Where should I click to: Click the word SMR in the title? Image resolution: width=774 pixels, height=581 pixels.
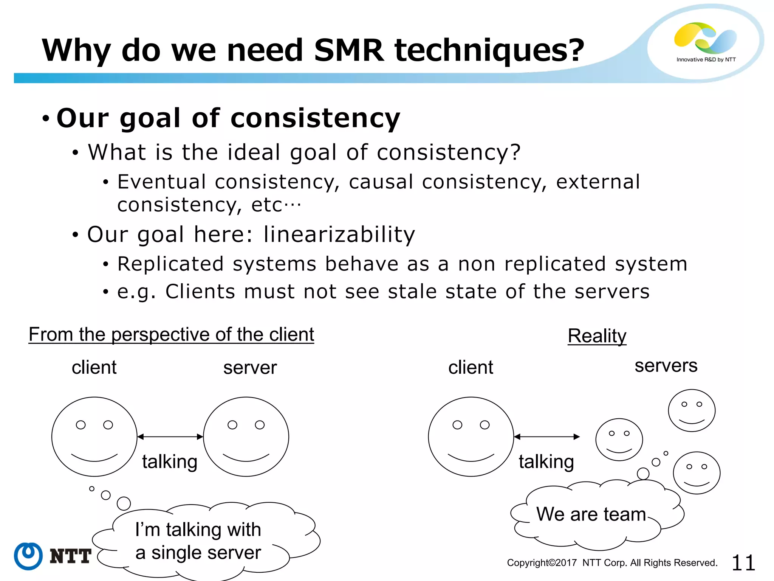[x=349, y=50]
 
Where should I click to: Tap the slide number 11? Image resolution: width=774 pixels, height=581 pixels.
[x=743, y=563]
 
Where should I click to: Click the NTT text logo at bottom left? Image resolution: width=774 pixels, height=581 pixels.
[x=70, y=556]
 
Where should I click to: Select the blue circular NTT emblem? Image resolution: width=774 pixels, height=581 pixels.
[x=28, y=556]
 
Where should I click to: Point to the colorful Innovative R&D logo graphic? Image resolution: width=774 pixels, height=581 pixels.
[x=705, y=38]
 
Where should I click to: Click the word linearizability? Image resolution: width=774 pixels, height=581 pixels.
[x=339, y=235]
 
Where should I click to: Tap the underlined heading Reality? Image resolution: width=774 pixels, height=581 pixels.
[x=597, y=336]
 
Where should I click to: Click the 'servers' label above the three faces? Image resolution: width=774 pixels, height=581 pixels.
[x=666, y=366]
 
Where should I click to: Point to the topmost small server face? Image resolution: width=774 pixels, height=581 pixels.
[x=692, y=410]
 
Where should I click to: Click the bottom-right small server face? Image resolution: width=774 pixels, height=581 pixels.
[x=697, y=473]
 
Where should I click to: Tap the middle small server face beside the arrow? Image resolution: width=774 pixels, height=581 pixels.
[x=619, y=440]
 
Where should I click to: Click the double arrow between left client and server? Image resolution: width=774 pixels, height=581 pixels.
[x=170, y=437]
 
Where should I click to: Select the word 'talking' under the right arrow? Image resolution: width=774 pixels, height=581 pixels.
[x=546, y=462]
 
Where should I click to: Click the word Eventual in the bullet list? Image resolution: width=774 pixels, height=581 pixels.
[x=162, y=182]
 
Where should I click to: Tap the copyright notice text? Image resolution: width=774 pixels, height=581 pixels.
[x=612, y=563]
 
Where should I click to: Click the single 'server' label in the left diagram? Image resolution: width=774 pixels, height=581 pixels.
[x=250, y=368]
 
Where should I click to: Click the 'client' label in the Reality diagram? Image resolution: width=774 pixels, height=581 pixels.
[x=471, y=368]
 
